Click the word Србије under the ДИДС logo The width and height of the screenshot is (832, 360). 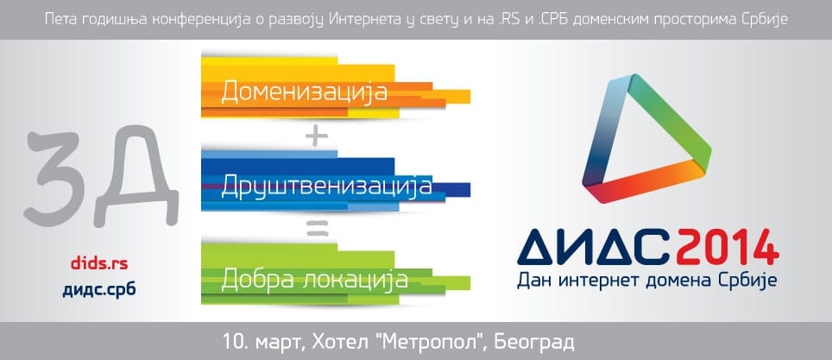click(753, 280)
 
